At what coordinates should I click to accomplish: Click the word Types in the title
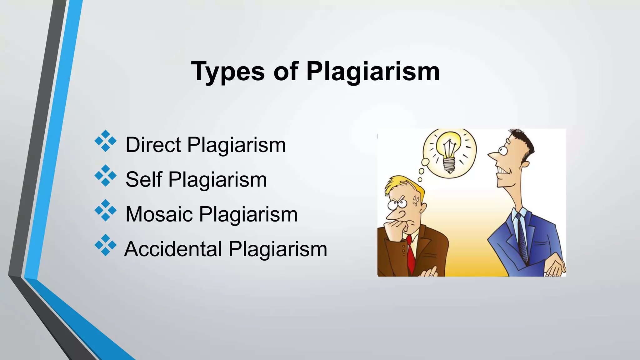(x=228, y=72)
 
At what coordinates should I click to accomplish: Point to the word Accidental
(x=173, y=249)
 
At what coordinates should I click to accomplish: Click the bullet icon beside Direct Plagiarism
(x=106, y=141)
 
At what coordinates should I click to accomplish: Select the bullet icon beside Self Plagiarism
(x=106, y=176)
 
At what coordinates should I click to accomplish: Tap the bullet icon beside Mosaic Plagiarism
(x=106, y=211)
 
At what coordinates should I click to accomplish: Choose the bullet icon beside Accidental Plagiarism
(x=106, y=245)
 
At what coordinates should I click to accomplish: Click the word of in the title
(x=285, y=72)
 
